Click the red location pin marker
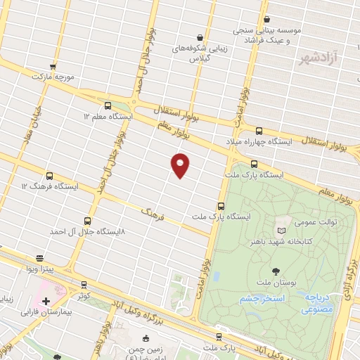181,165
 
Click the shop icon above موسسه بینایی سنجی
266,20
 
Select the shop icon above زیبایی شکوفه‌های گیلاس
200,37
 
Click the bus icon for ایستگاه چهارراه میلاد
259,131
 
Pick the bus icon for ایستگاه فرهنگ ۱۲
49,176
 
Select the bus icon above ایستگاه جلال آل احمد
87,220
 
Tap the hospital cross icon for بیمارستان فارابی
46,301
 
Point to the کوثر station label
84,295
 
